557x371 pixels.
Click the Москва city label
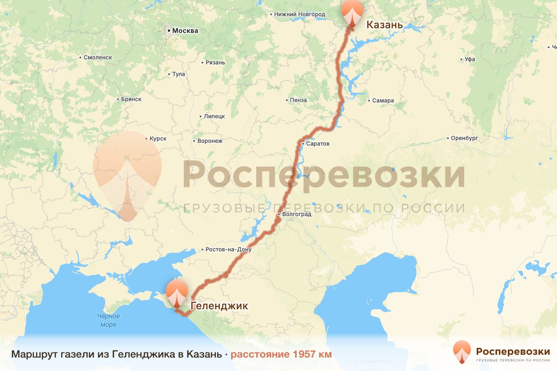[x=185, y=31]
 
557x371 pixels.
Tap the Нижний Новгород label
[x=299, y=14]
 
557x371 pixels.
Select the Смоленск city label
[x=97, y=58]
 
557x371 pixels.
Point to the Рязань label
[x=216, y=63]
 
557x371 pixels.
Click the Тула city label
[x=178, y=74]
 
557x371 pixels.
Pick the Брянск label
[x=130, y=99]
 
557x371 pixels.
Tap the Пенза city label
[x=298, y=100]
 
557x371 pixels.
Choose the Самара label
[x=382, y=101]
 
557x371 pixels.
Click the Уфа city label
[x=470, y=59]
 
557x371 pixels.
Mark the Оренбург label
[x=464, y=138]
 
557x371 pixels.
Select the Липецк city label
[x=214, y=116]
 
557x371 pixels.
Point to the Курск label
[x=158, y=139]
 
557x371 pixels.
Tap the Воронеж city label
[x=210, y=141]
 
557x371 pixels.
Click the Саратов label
[x=317, y=144]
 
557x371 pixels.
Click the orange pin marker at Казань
[x=352, y=13]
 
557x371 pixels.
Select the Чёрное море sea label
[x=108, y=320]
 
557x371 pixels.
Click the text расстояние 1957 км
[x=281, y=355]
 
